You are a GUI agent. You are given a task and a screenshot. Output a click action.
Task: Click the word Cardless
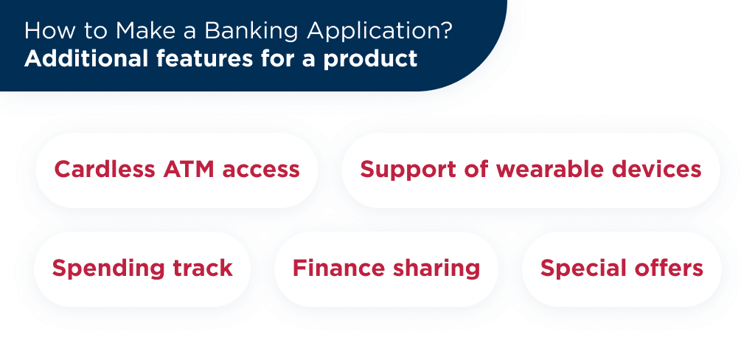point(98,170)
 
